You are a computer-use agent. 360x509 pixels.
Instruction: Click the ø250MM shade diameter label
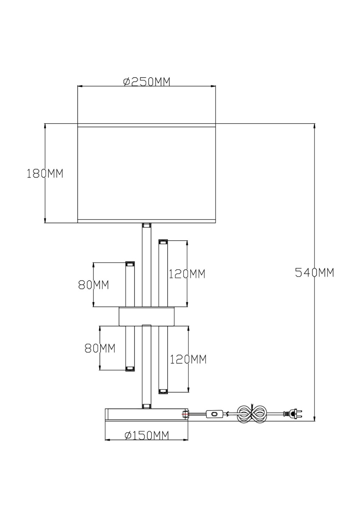click(146, 81)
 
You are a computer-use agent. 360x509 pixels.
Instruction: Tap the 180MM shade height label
click(45, 173)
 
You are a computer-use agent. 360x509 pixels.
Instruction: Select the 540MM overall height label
click(315, 273)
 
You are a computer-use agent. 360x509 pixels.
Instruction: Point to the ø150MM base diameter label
click(146, 435)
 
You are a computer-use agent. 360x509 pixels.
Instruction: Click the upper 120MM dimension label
click(187, 274)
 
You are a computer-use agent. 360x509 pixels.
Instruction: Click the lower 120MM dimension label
click(188, 360)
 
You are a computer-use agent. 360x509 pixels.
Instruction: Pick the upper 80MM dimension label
click(93, 285)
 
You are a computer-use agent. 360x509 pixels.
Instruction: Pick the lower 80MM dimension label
click(100, 348)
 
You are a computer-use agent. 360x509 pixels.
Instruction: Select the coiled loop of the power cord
click(252, 414)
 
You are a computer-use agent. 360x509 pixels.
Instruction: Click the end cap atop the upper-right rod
click(163, 242)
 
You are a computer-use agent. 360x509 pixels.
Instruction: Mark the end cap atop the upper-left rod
click(129, 264)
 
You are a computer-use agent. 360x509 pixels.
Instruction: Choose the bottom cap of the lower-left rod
click(129, 369)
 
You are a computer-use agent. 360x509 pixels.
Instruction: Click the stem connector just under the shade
click(146, 225)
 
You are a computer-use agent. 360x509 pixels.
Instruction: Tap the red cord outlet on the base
click(185, 414)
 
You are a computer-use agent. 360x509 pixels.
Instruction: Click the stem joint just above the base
click(146, 406)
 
